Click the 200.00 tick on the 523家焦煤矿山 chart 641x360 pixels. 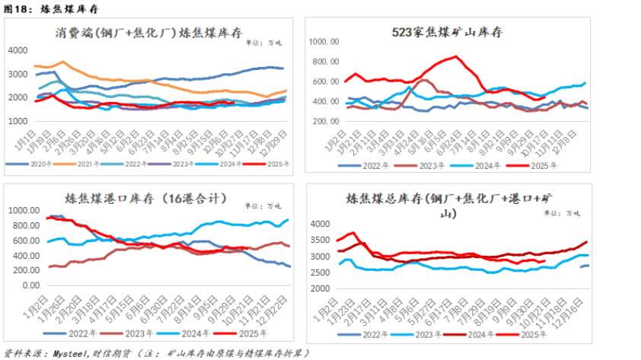pos(326,121)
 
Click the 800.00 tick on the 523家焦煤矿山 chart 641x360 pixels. pos(326,61)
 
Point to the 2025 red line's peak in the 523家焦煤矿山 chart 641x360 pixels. pos(455,56)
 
